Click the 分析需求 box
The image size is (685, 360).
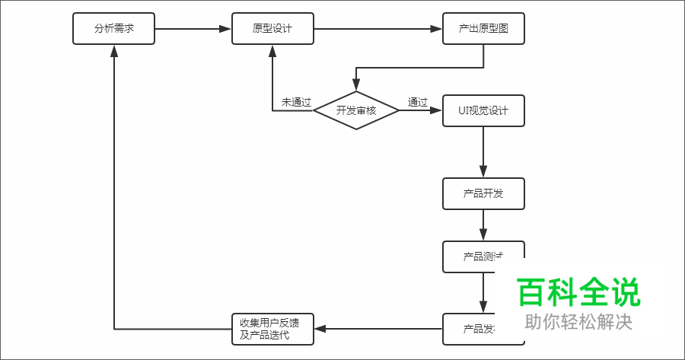113,29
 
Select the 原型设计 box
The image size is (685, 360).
272,29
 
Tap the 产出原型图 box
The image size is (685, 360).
483,29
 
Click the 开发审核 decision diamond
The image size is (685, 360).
356,110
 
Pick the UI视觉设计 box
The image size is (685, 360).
483,110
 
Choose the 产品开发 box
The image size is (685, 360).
483,193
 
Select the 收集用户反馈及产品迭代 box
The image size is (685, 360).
272,329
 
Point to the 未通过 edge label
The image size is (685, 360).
296,102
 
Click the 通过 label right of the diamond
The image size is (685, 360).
417,102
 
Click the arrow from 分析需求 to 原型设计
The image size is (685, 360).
193,29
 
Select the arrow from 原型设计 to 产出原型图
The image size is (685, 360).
378,29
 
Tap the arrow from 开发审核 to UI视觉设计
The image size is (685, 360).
421,110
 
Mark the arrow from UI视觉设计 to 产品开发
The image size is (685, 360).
483,152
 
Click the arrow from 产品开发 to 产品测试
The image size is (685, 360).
483,225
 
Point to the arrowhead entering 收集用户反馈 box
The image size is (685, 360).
320,329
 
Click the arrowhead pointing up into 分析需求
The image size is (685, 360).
113,50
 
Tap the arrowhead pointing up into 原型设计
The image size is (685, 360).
272,50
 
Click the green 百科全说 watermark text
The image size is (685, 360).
578,292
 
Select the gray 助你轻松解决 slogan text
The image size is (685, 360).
578,322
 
